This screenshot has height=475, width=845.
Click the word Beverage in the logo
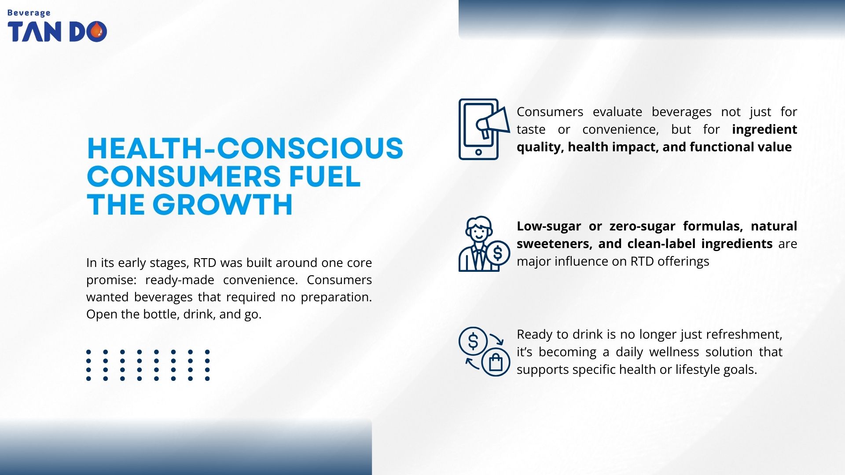(29, 13)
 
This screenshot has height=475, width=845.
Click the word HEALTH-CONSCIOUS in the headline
(245, 148)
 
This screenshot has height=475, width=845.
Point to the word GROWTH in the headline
(222, 205)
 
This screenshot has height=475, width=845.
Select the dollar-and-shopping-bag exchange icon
(484, 351)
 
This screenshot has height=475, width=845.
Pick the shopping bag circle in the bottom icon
(496, 362)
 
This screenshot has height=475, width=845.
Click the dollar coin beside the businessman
(498, 253)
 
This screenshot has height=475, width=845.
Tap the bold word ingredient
(764, 129)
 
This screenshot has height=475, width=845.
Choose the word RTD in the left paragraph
(205, 263)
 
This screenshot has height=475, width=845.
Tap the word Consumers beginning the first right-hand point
(550, 112)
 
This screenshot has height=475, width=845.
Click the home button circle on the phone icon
(478, 152)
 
